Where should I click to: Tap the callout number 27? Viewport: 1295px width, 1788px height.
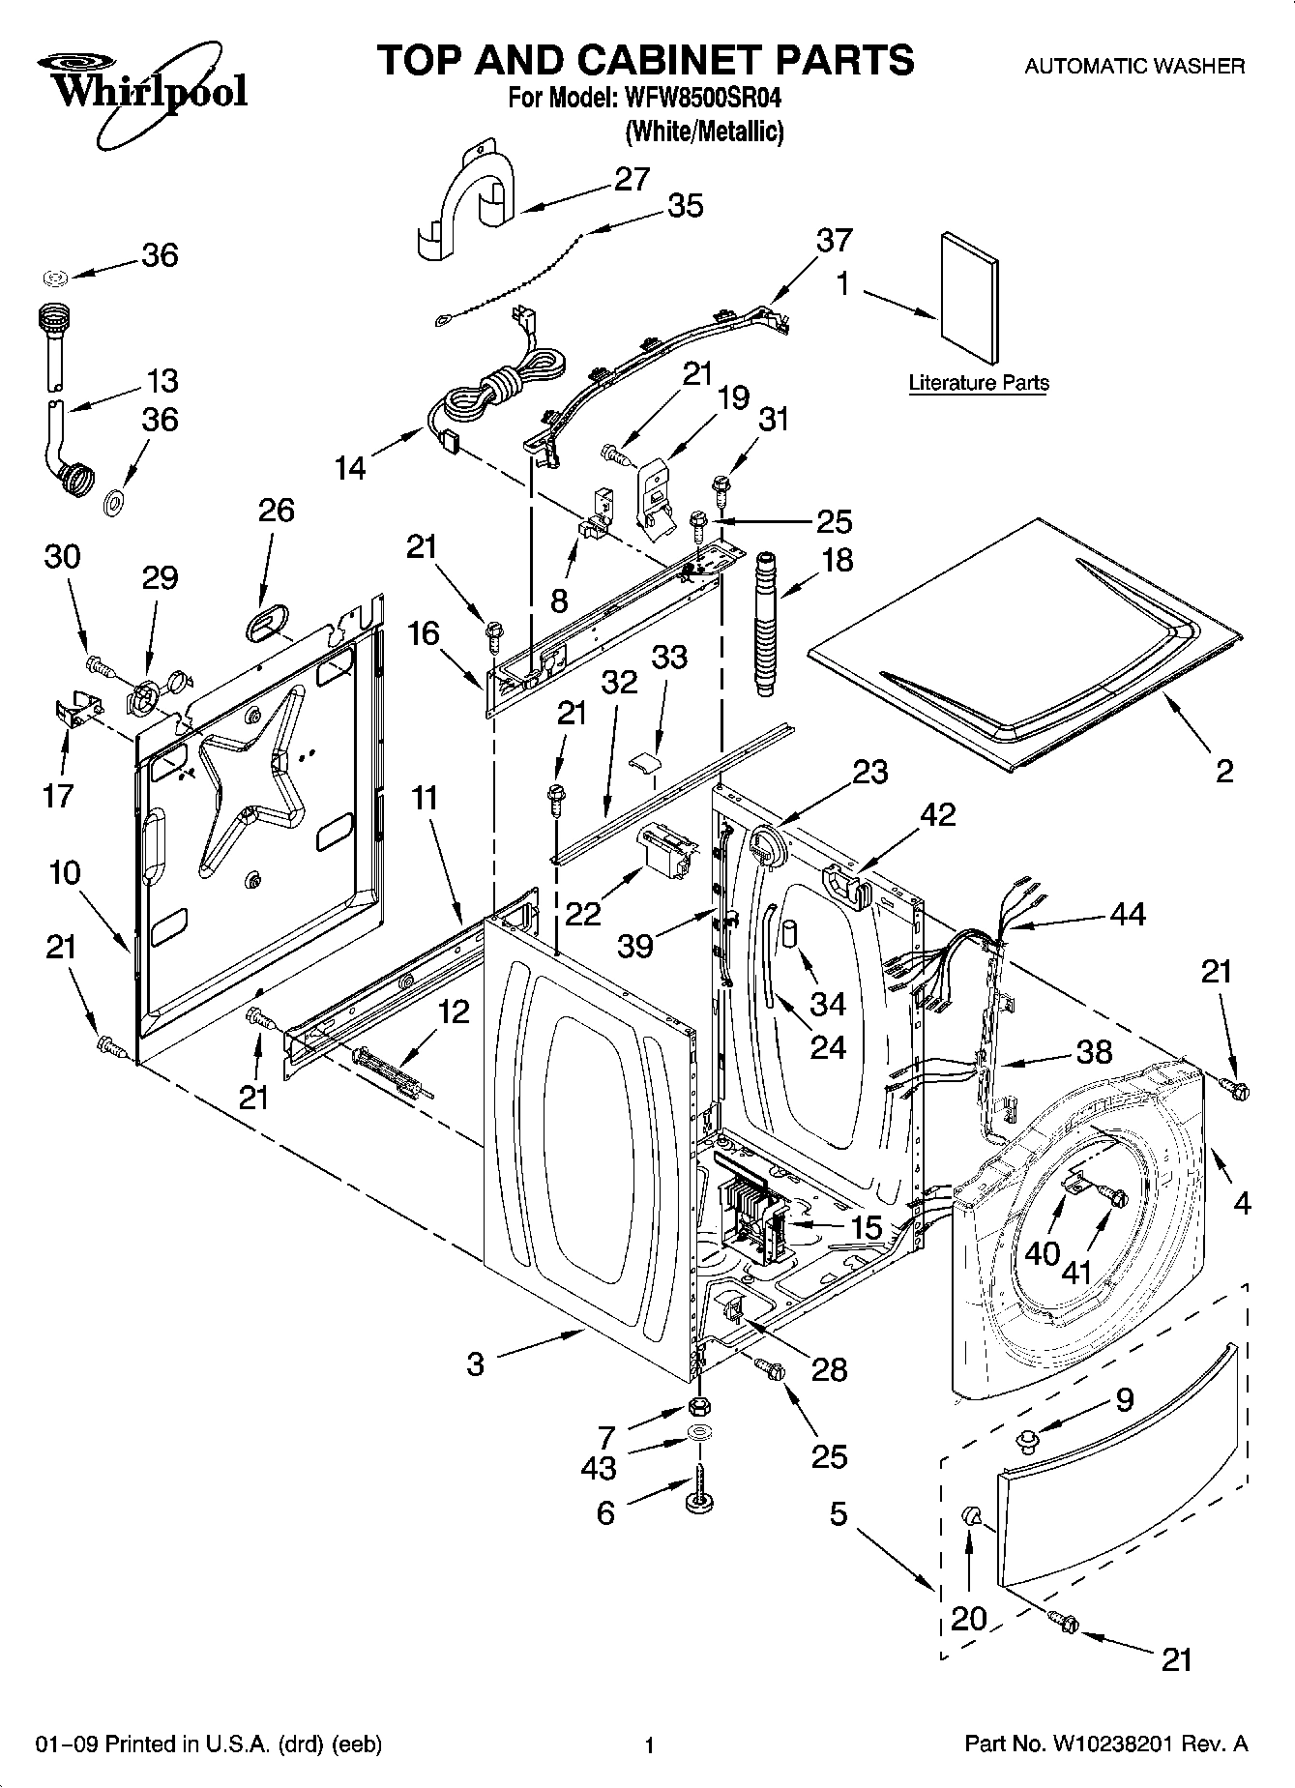(x=632, y=179)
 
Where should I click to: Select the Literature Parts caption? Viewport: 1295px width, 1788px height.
(x=978, y=383)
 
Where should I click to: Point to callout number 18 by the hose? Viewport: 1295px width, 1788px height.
(x=838, y=560)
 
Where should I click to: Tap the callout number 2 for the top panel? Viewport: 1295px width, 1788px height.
(x=1223, y=771)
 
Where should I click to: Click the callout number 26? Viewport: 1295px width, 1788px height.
(x=276, y=510)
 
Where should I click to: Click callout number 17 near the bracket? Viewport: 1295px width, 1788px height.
(x=58, y=795)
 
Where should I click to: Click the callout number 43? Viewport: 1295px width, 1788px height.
(x=599, y=1468)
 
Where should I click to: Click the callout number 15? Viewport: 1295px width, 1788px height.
(x=866, y=1227)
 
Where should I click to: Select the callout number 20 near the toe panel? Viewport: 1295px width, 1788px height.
(x=970, y=1618)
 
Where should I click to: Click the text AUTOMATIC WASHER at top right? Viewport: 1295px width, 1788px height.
(x=1134, y=67)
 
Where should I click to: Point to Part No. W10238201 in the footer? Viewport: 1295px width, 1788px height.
(x=1106, y=1744)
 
